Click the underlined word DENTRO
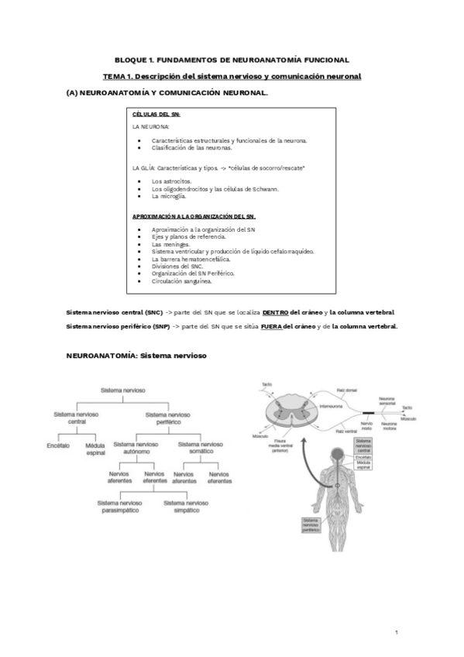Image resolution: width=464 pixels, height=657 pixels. (x=276, y=312)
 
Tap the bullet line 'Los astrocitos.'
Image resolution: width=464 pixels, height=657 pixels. (x=173, y=181)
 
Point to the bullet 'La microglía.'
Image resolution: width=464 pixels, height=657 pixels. (x=169, y=196)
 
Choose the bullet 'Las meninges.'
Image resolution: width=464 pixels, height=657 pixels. (x=171, y=244)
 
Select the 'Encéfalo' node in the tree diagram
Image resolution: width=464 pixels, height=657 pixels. (x=59, y=445)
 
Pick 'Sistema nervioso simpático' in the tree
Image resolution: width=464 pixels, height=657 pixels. (x=186, y=507)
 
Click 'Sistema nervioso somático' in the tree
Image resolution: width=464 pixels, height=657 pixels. (x=201, y=449)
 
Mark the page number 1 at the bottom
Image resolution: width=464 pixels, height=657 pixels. (x=396, y=633)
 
